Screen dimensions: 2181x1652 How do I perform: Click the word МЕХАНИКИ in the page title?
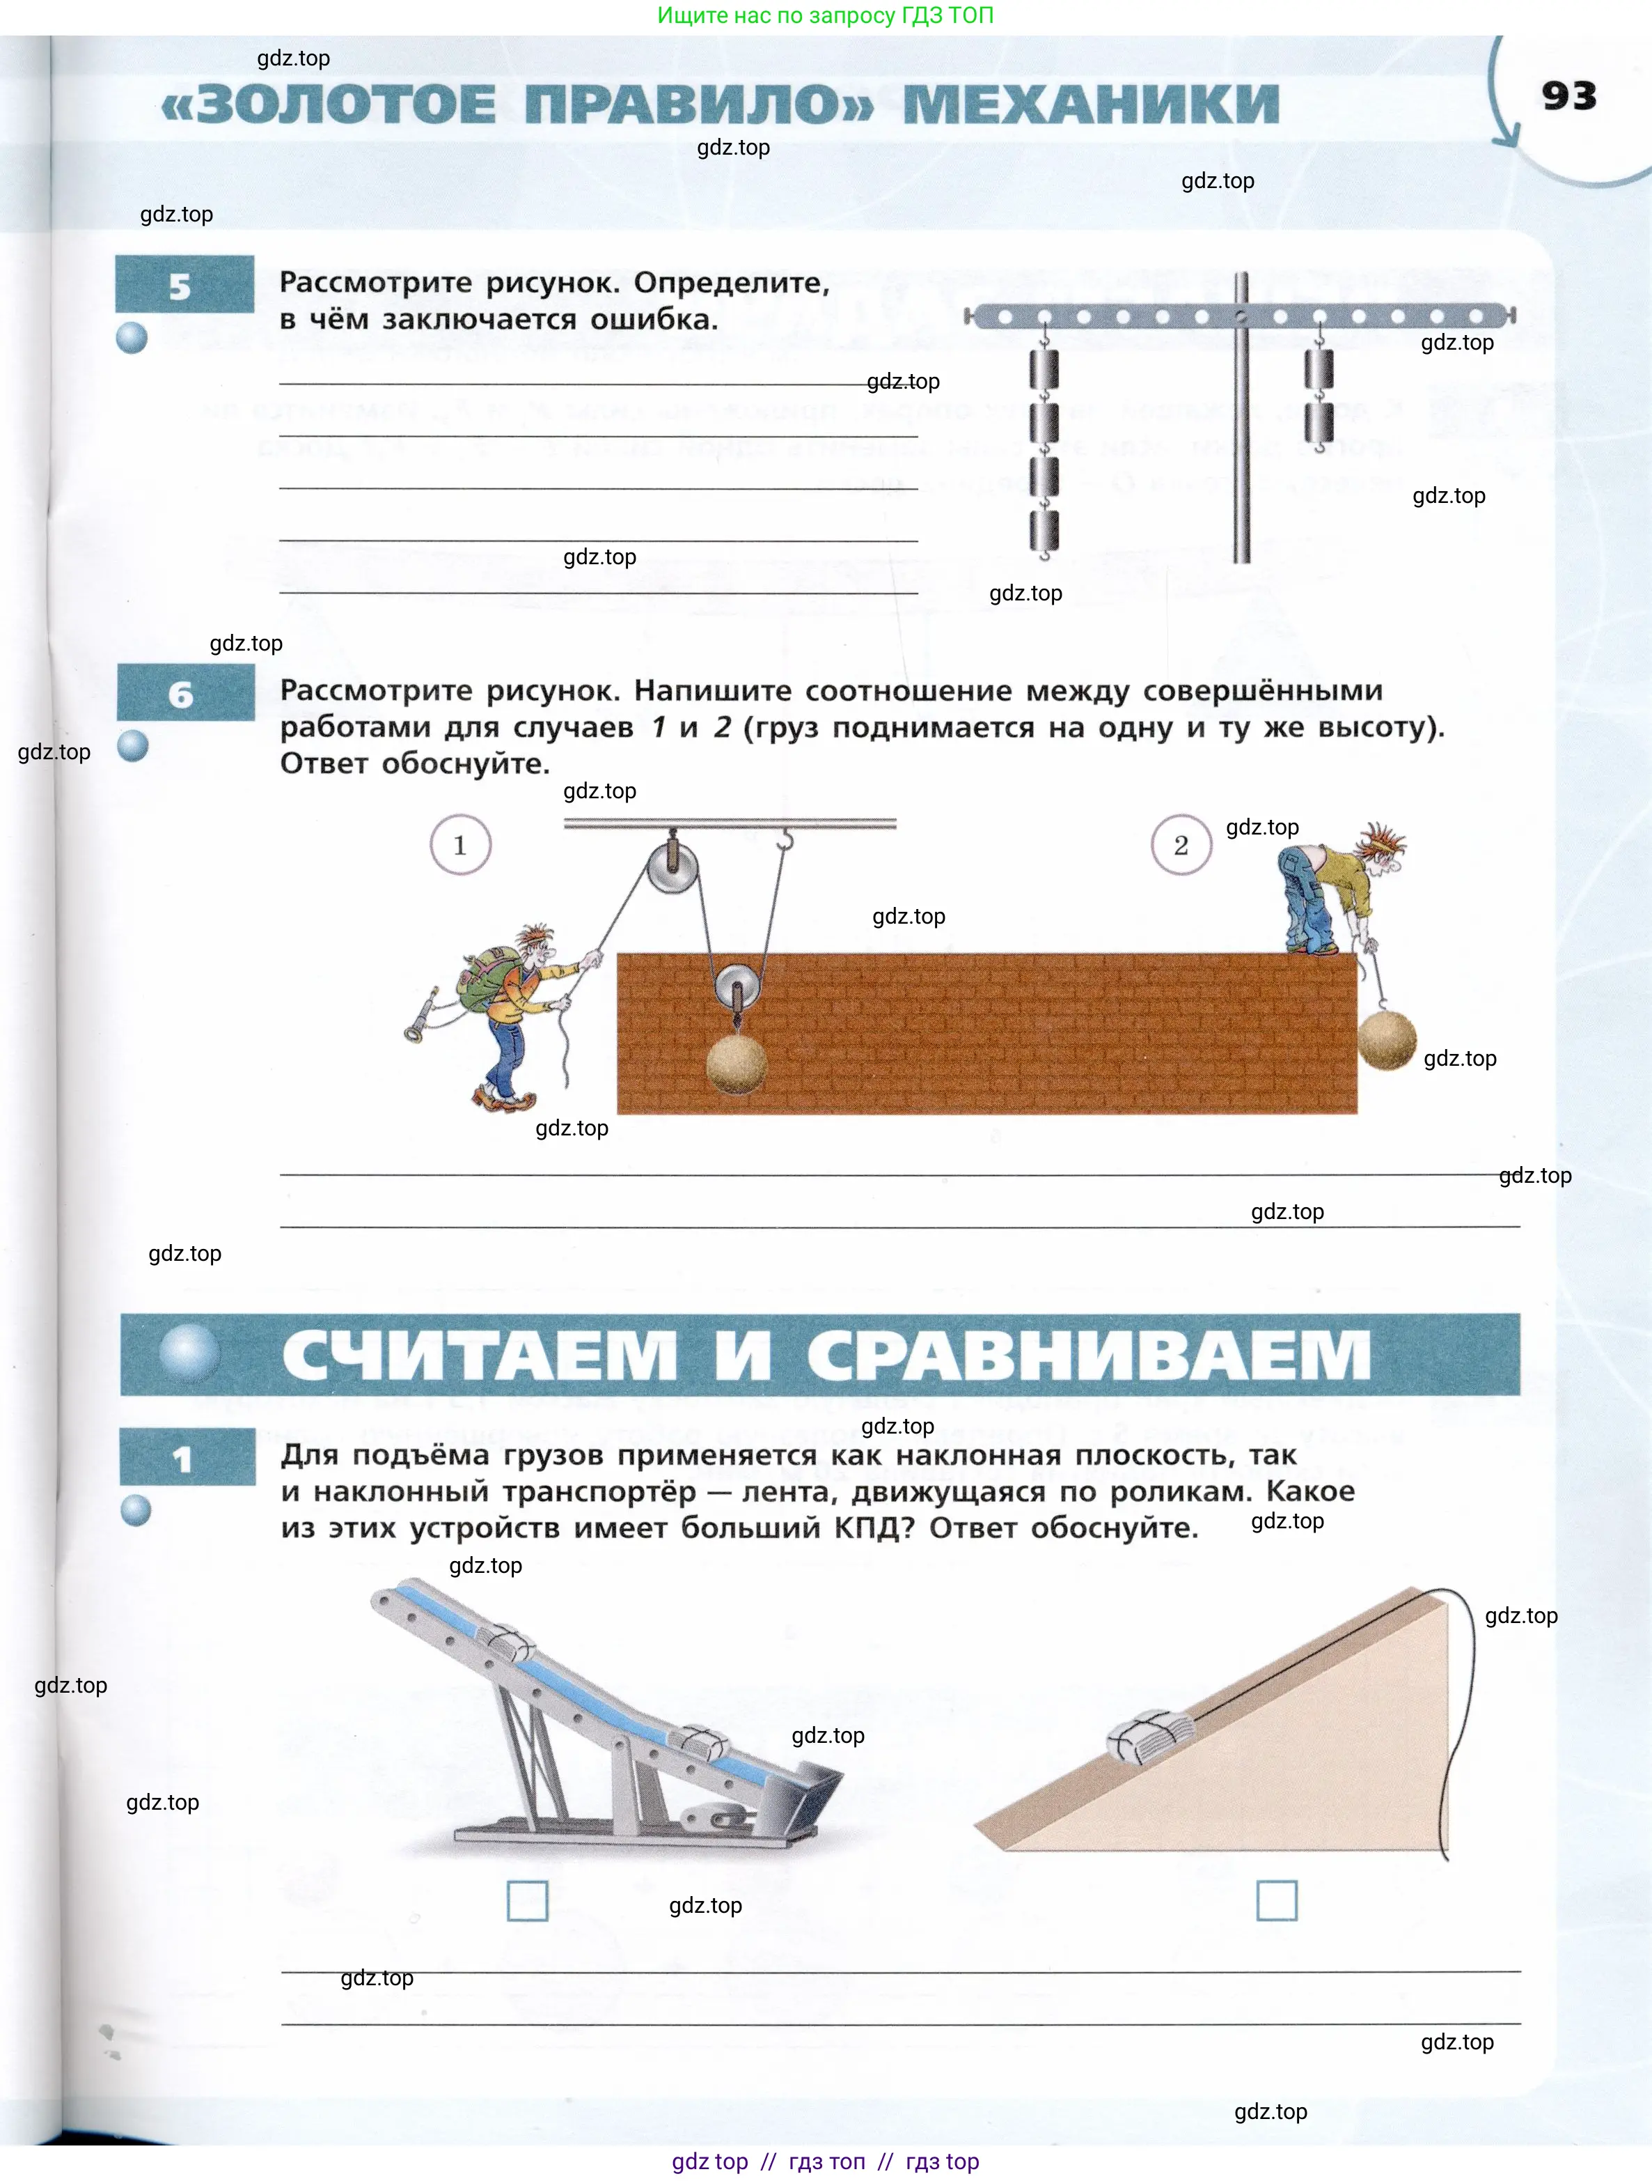1090,104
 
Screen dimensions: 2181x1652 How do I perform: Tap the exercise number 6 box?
184,693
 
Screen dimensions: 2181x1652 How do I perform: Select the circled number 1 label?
460,845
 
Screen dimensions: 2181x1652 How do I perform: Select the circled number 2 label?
1181,845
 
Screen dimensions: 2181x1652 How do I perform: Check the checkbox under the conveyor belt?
527,1900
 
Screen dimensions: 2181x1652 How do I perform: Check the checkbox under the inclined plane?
1277,1900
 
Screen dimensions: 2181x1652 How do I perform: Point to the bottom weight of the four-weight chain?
1044,531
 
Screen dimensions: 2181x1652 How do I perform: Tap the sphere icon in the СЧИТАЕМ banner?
189,1353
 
